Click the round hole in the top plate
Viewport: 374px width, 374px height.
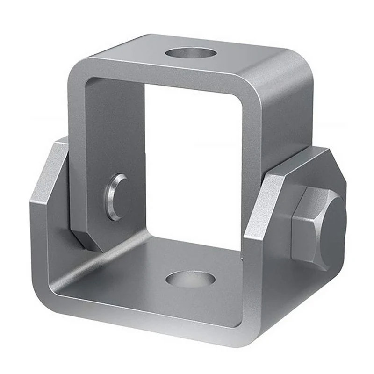(x=191, y=53)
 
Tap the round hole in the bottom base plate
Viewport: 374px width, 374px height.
(x=190, y=279)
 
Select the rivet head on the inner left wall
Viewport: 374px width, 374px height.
(x=115, y=197)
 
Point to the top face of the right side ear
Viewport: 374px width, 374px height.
(x=299, y=161)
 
